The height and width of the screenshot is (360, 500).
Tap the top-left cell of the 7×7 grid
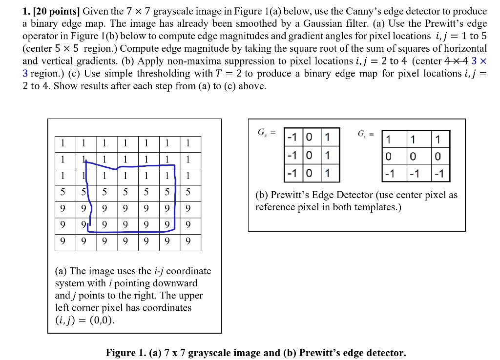click(x=62, y=143)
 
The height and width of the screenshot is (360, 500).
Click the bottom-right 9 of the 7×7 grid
click(x=188, y=241)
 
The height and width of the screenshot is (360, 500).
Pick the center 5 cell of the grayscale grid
click(x=125, y=192)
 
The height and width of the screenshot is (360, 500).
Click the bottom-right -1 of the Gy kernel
click(x=438, y=174)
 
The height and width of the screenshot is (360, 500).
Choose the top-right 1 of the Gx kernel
click(x=327, y=137)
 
